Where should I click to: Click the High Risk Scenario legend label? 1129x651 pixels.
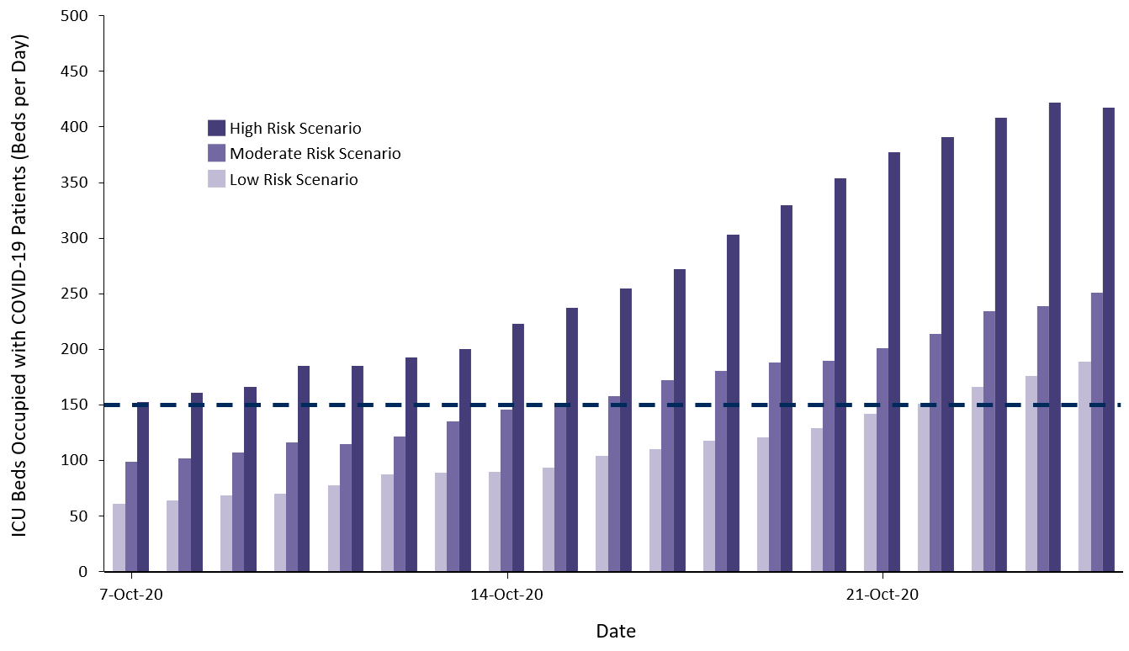[x=295, y=128]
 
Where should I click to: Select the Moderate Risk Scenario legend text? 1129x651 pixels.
[x=315, y=154]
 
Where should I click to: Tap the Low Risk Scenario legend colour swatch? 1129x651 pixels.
[x=216, y=179]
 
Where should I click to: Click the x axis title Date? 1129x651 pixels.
[x=616, y=631]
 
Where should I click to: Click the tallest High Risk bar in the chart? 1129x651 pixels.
[x=1054, y=336]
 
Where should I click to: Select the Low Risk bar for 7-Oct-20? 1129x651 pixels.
[x=119, y=538]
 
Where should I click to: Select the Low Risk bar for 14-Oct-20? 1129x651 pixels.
[x=495, y=521]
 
